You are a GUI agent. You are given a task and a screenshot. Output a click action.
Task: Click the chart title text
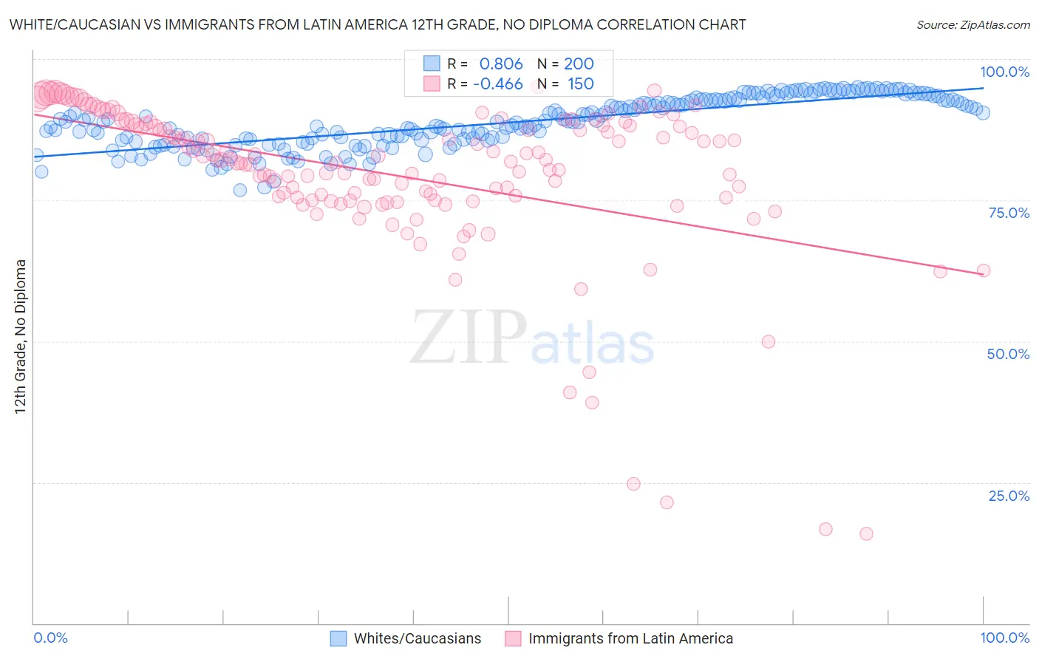pyautogui.click(x=378, y=24)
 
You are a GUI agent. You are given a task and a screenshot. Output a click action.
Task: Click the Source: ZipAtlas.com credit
pyautogui.click(x=972, y=24)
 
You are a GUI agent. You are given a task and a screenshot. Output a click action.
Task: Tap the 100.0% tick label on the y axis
pyautogui.click(x=1004, y=72)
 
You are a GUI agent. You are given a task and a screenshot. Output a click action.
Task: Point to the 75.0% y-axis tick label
pyautogui.click(x=1009, y=213)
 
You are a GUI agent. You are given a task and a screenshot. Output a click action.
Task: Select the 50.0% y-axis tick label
pyautogui.click(x=1008, y=354)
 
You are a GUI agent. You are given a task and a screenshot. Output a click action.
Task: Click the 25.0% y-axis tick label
pyautogui.click(x=1009, y=496)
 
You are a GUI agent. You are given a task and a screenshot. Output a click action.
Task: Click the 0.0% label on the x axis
pyautogui.click(x=50, y=638)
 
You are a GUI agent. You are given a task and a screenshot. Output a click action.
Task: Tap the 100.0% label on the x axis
pyautogui.click(x=1004, y=638)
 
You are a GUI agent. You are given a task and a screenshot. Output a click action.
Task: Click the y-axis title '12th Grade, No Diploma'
pyautogui.click(x=21, y=336)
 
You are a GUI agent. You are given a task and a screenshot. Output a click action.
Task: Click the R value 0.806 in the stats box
pyautogui.click(x=501, y=64)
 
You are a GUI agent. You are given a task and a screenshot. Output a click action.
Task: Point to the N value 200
pyautogui.click(x=579, y=64)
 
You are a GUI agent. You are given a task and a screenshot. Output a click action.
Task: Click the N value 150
pyautogui.click(x=580, y=83)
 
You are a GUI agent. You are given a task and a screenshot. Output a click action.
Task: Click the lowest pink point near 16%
pyautogui.click(x=866, y=533)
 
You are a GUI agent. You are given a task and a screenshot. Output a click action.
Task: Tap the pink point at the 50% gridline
pyautogui.click(x=769, y=341)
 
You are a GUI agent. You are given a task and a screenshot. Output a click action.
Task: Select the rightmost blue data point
pyautogui.click(x=983, y=112)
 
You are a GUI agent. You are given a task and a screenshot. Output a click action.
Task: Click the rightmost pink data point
pyautogui.click(x=984, y=270)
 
